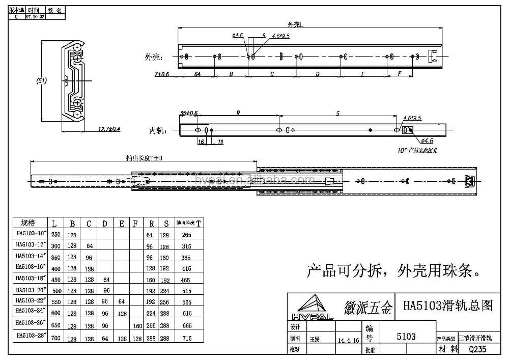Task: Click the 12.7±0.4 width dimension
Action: coord(109,129)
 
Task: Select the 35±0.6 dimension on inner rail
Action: coord(189,113)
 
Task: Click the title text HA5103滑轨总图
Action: coord(448,306)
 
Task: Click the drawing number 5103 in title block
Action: coord(406,337)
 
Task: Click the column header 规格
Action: coord(29,223)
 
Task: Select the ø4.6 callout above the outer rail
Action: coord(237,35)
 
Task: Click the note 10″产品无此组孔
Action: coord(417,151)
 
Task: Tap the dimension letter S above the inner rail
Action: coord(338,114)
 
